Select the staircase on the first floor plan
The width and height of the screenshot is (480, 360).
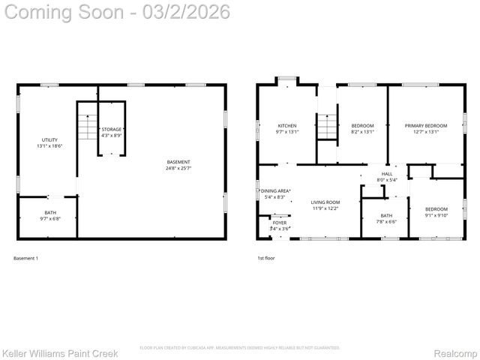[x=327, y=126]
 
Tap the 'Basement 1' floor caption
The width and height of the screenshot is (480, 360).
[x=25, y=259]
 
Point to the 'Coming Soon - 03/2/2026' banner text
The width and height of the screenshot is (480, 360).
[x=117, y=12]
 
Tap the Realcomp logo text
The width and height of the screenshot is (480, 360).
[x=456, y=352]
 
